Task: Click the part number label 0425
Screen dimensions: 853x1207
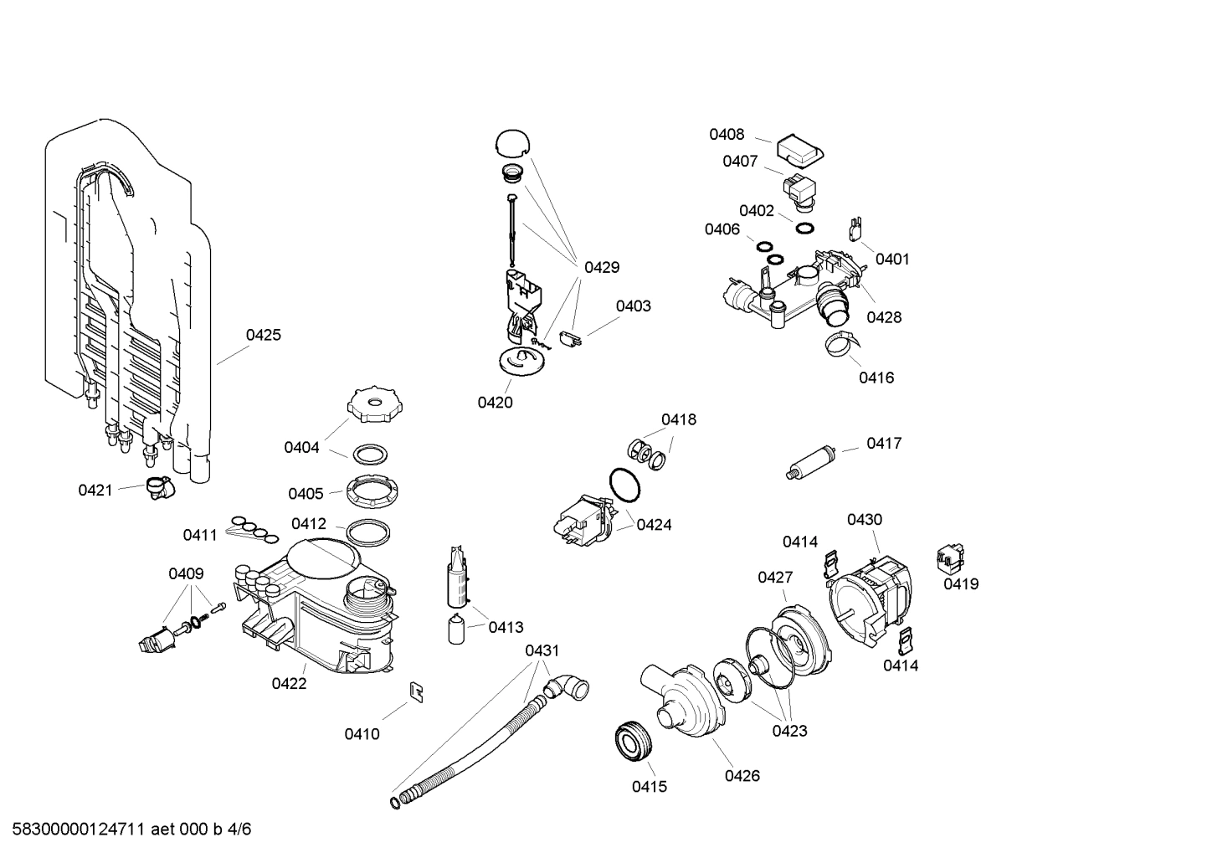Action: tap(263, 335)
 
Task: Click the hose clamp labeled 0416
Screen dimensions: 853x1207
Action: tap(840, 342)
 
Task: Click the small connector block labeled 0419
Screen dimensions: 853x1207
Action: tap(950, 556)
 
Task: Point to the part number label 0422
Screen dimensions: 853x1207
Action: tap(289, 683)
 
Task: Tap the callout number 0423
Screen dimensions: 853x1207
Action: tap(789, 731)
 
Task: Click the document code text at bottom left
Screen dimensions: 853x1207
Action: tap(126, 830)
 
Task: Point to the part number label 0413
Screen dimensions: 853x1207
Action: tap(506, 627)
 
